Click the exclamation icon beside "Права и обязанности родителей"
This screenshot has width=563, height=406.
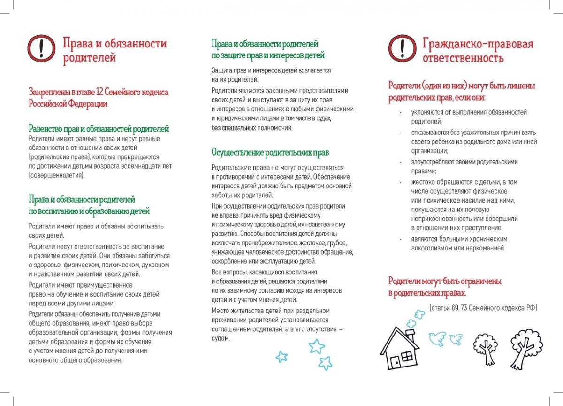point(42,48)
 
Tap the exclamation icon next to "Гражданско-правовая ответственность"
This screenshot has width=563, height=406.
point(402,48)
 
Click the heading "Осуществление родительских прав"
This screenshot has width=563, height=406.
point(270,153)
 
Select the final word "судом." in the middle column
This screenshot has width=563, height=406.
point(221,338)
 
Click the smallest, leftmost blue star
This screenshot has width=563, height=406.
point(281,357)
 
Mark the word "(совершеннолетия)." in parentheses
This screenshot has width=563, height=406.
point(57,175)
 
